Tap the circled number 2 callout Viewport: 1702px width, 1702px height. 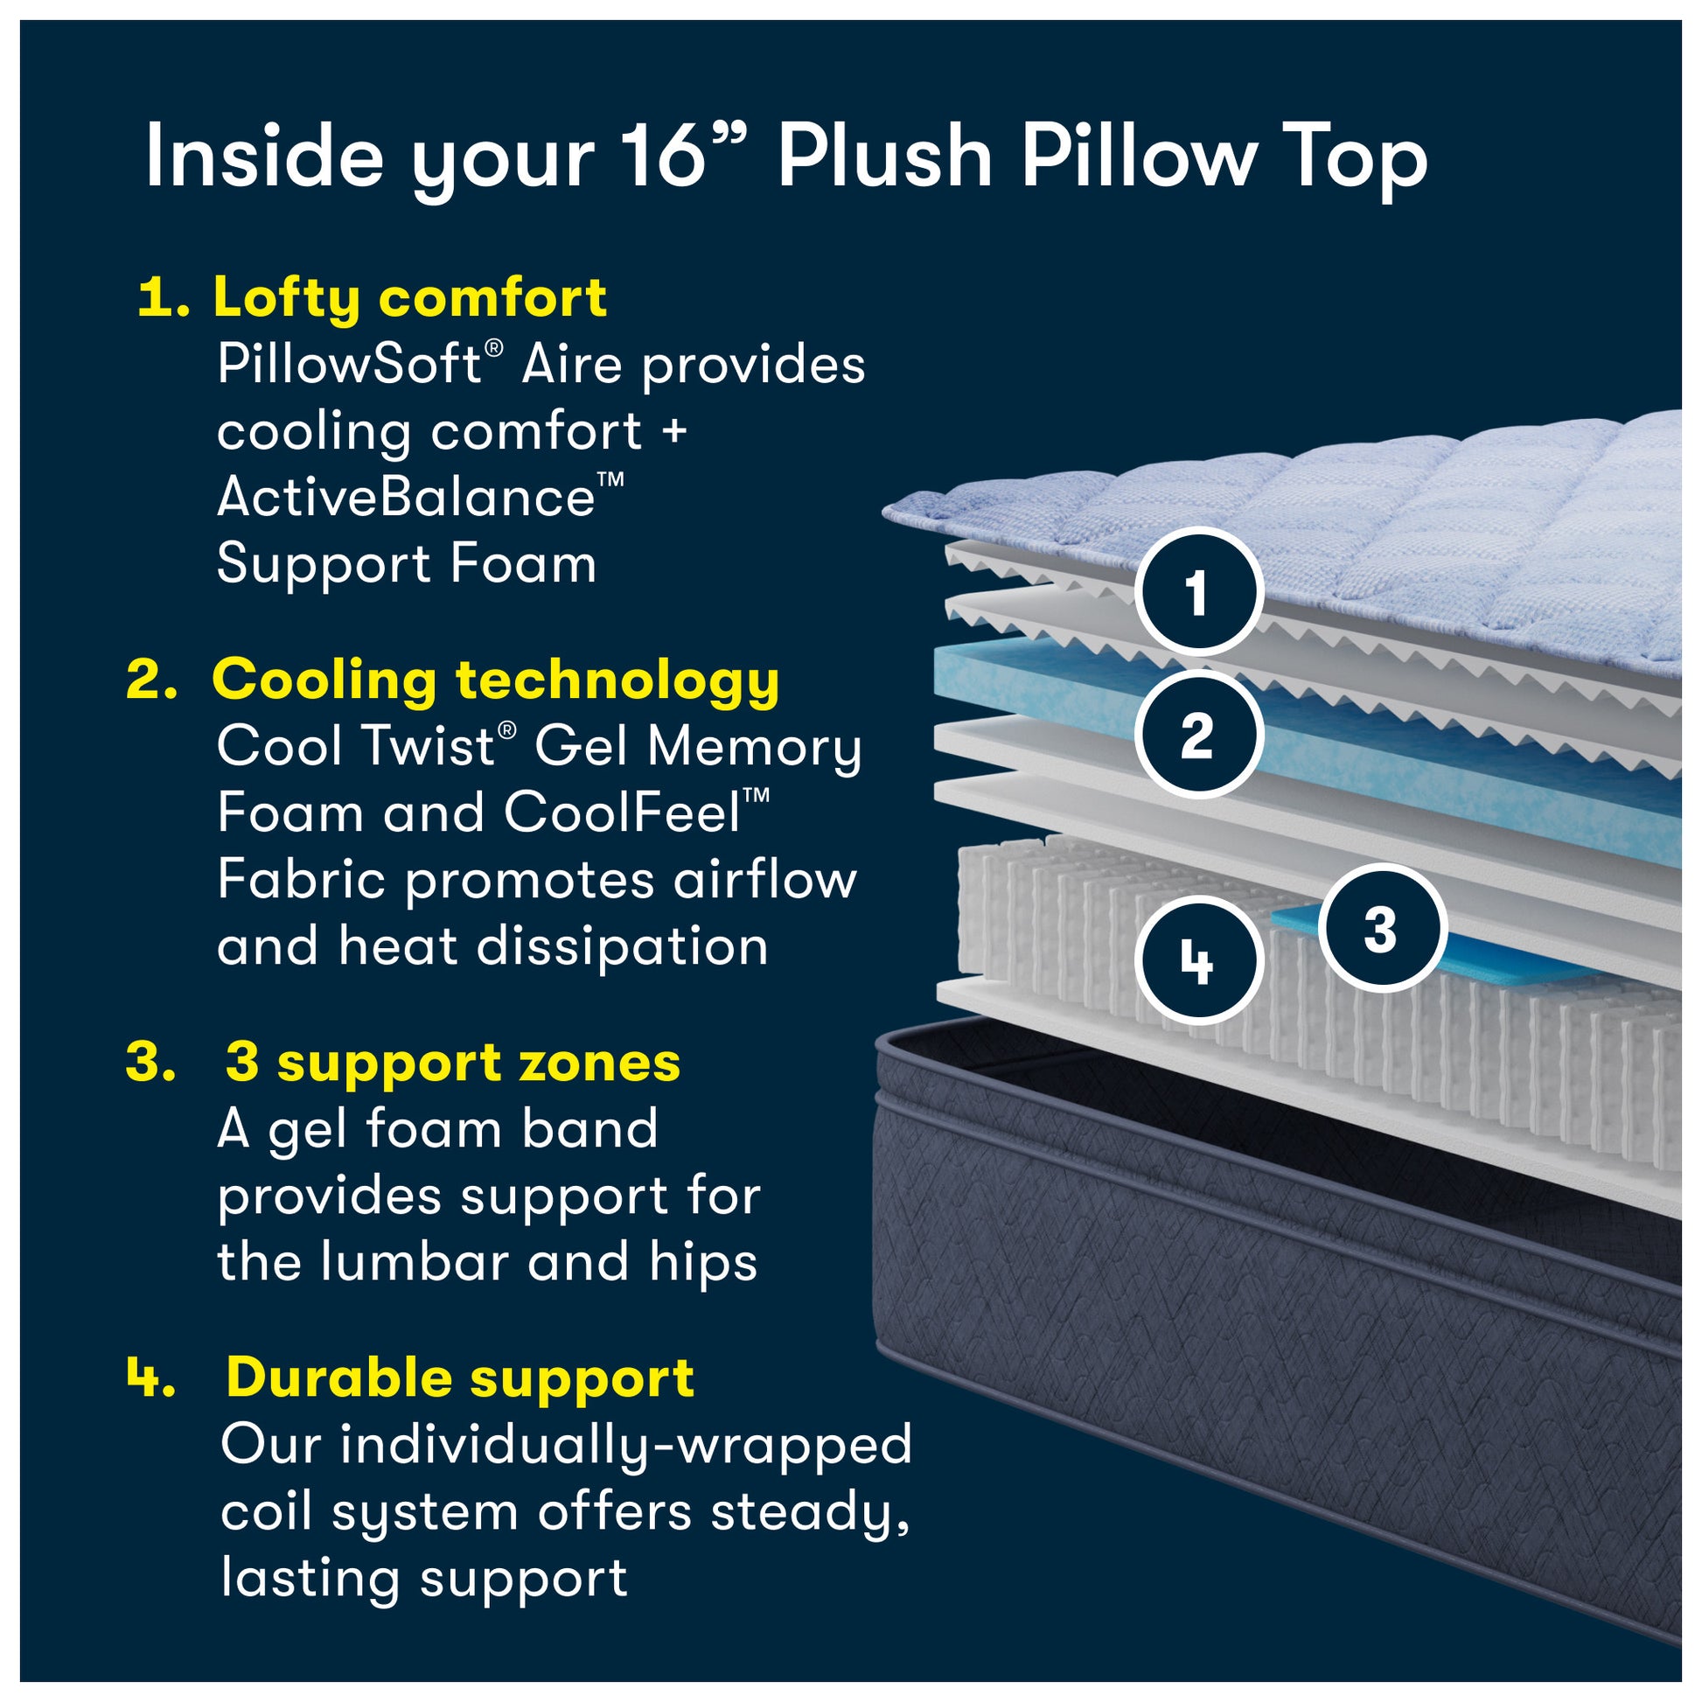(1198, 736)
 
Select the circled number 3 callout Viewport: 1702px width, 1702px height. (1380, 930)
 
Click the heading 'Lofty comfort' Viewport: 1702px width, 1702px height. (408, 297)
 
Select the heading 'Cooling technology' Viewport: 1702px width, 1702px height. (495, 681)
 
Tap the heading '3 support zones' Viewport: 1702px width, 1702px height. (453, 1063)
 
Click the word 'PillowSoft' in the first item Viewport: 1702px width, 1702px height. (350, 364)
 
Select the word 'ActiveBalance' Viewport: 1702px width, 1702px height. (406, 498)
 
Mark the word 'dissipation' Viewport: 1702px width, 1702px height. (623, 946)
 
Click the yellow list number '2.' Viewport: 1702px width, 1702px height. (151, 681)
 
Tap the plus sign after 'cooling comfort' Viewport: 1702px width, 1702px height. (675, 432)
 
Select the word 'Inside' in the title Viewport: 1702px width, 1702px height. (264, 157)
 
